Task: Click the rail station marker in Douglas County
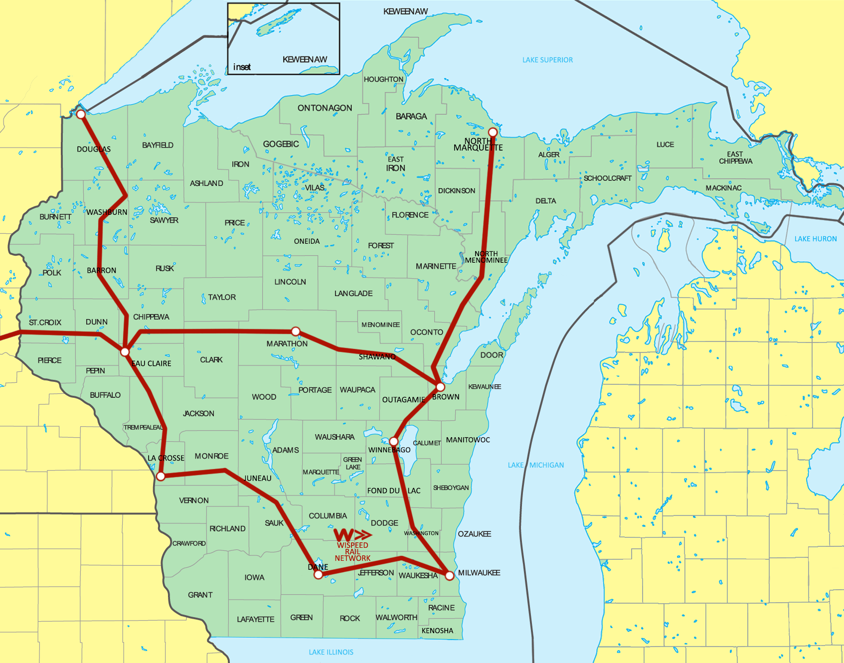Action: coord(81,114)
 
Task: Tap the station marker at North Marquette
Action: coord(493,132)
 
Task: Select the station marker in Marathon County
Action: coord(296,331)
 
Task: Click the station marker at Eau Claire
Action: coord(125,352)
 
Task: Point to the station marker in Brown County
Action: coord(440,387)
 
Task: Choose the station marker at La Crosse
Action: coord(161,477)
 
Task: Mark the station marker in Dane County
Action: coord(318,575)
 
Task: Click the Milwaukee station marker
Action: coord(449,575)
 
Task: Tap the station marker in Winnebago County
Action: coord(394,441)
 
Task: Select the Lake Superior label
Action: coord(547,60)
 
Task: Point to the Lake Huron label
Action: coord(816,239)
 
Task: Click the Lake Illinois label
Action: coord(331,652)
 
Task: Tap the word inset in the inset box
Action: coord(242,67)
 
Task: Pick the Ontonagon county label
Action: coord(325,108)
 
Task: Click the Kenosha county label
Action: coord(437,631)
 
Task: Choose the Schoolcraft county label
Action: coord(607,178)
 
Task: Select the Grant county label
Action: coord(200,595)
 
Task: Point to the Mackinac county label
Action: coord(723,188)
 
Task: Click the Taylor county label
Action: coord(222,297)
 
